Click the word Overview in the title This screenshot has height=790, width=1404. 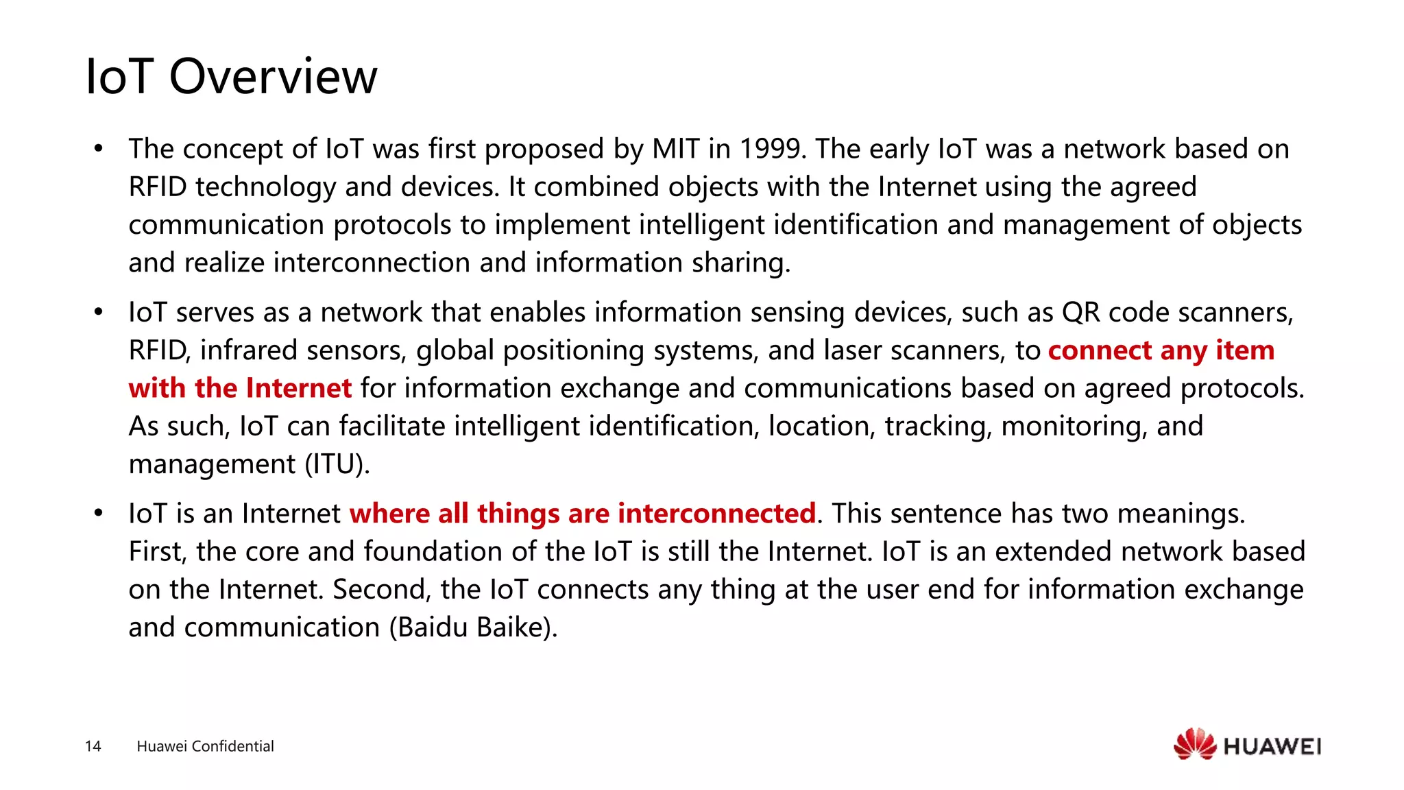pos(273,76)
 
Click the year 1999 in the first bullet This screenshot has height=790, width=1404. pos(771,149)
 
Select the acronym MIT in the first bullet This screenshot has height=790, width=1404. pos(676,149)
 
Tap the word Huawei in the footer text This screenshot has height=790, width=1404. pos(162,746)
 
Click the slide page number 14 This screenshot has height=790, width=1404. pos(93,746)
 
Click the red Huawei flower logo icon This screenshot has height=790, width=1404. pos(1194,744)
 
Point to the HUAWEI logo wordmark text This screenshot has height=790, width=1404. pos(1272,747)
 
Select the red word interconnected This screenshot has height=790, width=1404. pos(716,514)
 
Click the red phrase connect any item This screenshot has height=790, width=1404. pos(1161,350)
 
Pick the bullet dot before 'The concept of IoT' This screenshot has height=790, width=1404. pos(99,149)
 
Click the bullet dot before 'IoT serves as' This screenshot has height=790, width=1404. pos(99,313)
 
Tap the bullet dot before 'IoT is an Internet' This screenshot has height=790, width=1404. pos(99,514)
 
